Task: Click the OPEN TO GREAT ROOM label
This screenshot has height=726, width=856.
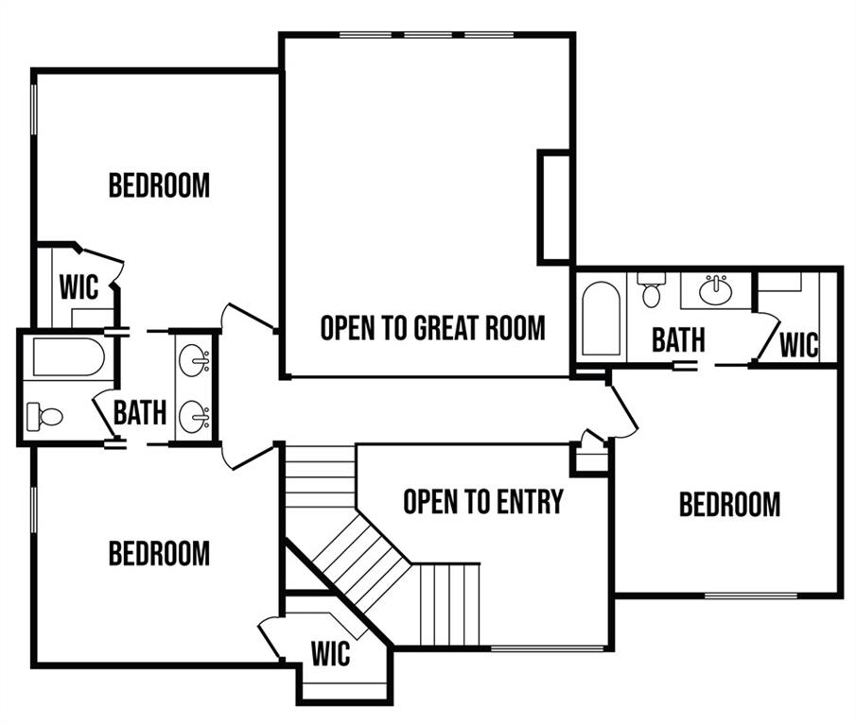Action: (432, 328)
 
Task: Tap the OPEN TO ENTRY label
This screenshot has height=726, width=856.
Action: (483, 501)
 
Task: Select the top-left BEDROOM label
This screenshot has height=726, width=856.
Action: (159, 185)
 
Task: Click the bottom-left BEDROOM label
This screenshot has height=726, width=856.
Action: (159, 553)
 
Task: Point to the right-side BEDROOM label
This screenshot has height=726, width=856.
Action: (729, 504)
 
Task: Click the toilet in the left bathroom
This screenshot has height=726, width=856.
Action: (44, 417)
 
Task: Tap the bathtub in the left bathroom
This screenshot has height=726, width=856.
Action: (69, 357)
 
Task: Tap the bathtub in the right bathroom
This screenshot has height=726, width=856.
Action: (601, 319)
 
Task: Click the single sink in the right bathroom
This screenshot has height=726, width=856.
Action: (716, 290)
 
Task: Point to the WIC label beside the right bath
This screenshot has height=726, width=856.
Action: (798, 345)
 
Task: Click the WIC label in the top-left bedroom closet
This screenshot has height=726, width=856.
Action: (79, 287)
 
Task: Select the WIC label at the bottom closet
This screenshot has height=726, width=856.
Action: (330, 653)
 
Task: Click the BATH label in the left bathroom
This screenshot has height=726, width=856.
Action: (140, 412)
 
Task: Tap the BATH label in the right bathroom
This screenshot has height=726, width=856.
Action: (678, 339)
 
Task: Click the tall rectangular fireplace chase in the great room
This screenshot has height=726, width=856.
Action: (554, 207)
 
